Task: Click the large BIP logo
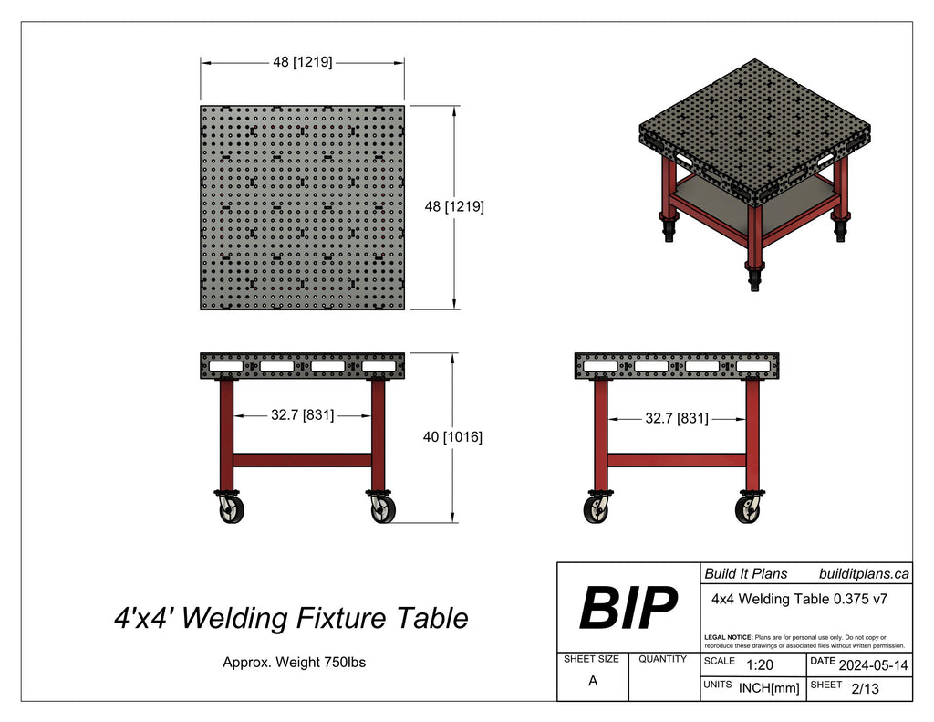click(x=628, y=609)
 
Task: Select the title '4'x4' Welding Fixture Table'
click(x=291, y=618)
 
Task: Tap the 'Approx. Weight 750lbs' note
click(x=294, y=663)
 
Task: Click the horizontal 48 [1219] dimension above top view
click(x=302, y=62)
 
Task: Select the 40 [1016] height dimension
click(x=452, y=437)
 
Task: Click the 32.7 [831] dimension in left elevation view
click(x=302, y=414)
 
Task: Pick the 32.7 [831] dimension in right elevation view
click(x=676, y=418)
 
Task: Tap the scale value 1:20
click(x=760, y=666)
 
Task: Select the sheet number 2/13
click(x=864, y=689)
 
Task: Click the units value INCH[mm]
click(x=768, y=689)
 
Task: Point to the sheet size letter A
click(x=593, y=681)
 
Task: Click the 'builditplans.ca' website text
click(x=864, y=573)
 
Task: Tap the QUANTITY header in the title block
click(x=663, y=658)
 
